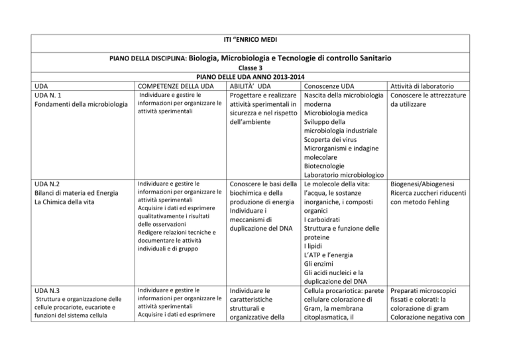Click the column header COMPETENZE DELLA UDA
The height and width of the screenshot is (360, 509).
click(x=174, y=87)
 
